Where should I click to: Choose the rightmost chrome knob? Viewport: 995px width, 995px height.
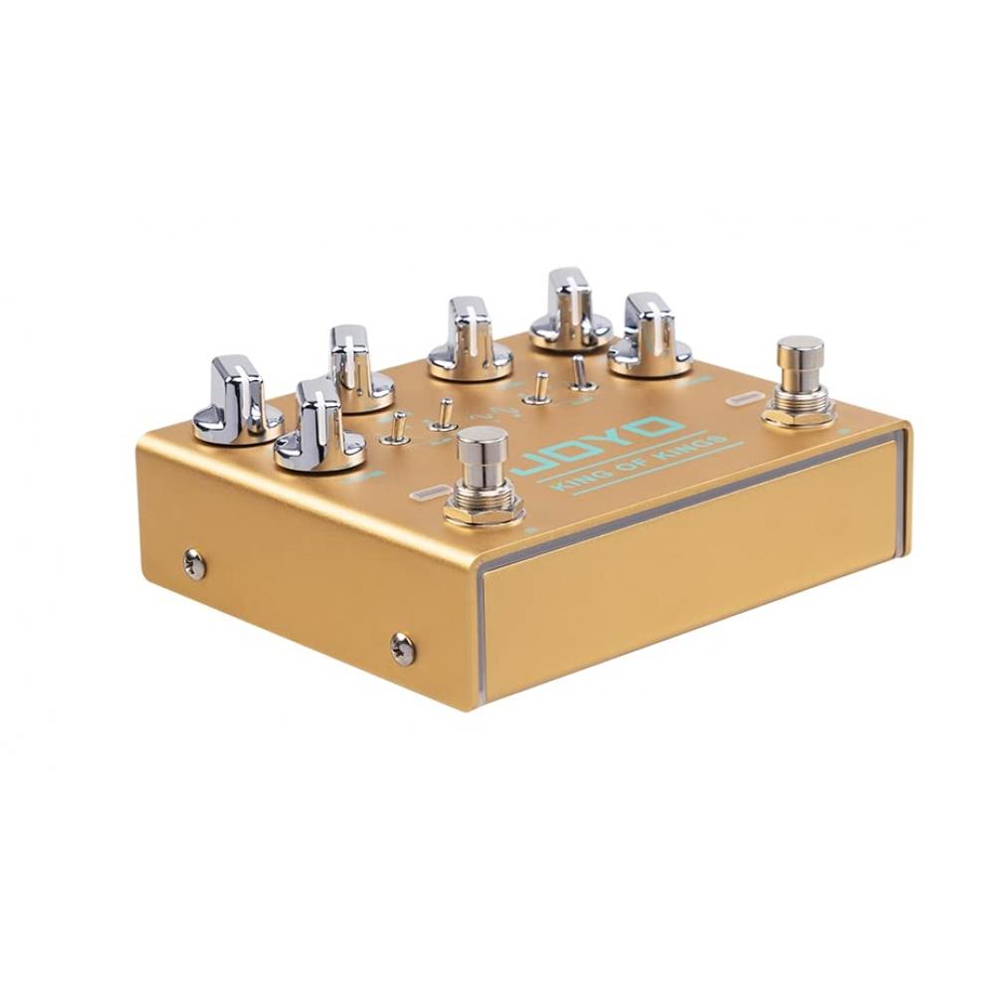coord(649,336)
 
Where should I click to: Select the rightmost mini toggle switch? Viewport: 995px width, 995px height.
coord(579,374)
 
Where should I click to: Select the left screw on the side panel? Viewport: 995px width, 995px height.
coord(193,564)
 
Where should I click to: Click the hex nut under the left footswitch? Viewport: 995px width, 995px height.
coord(483,507)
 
